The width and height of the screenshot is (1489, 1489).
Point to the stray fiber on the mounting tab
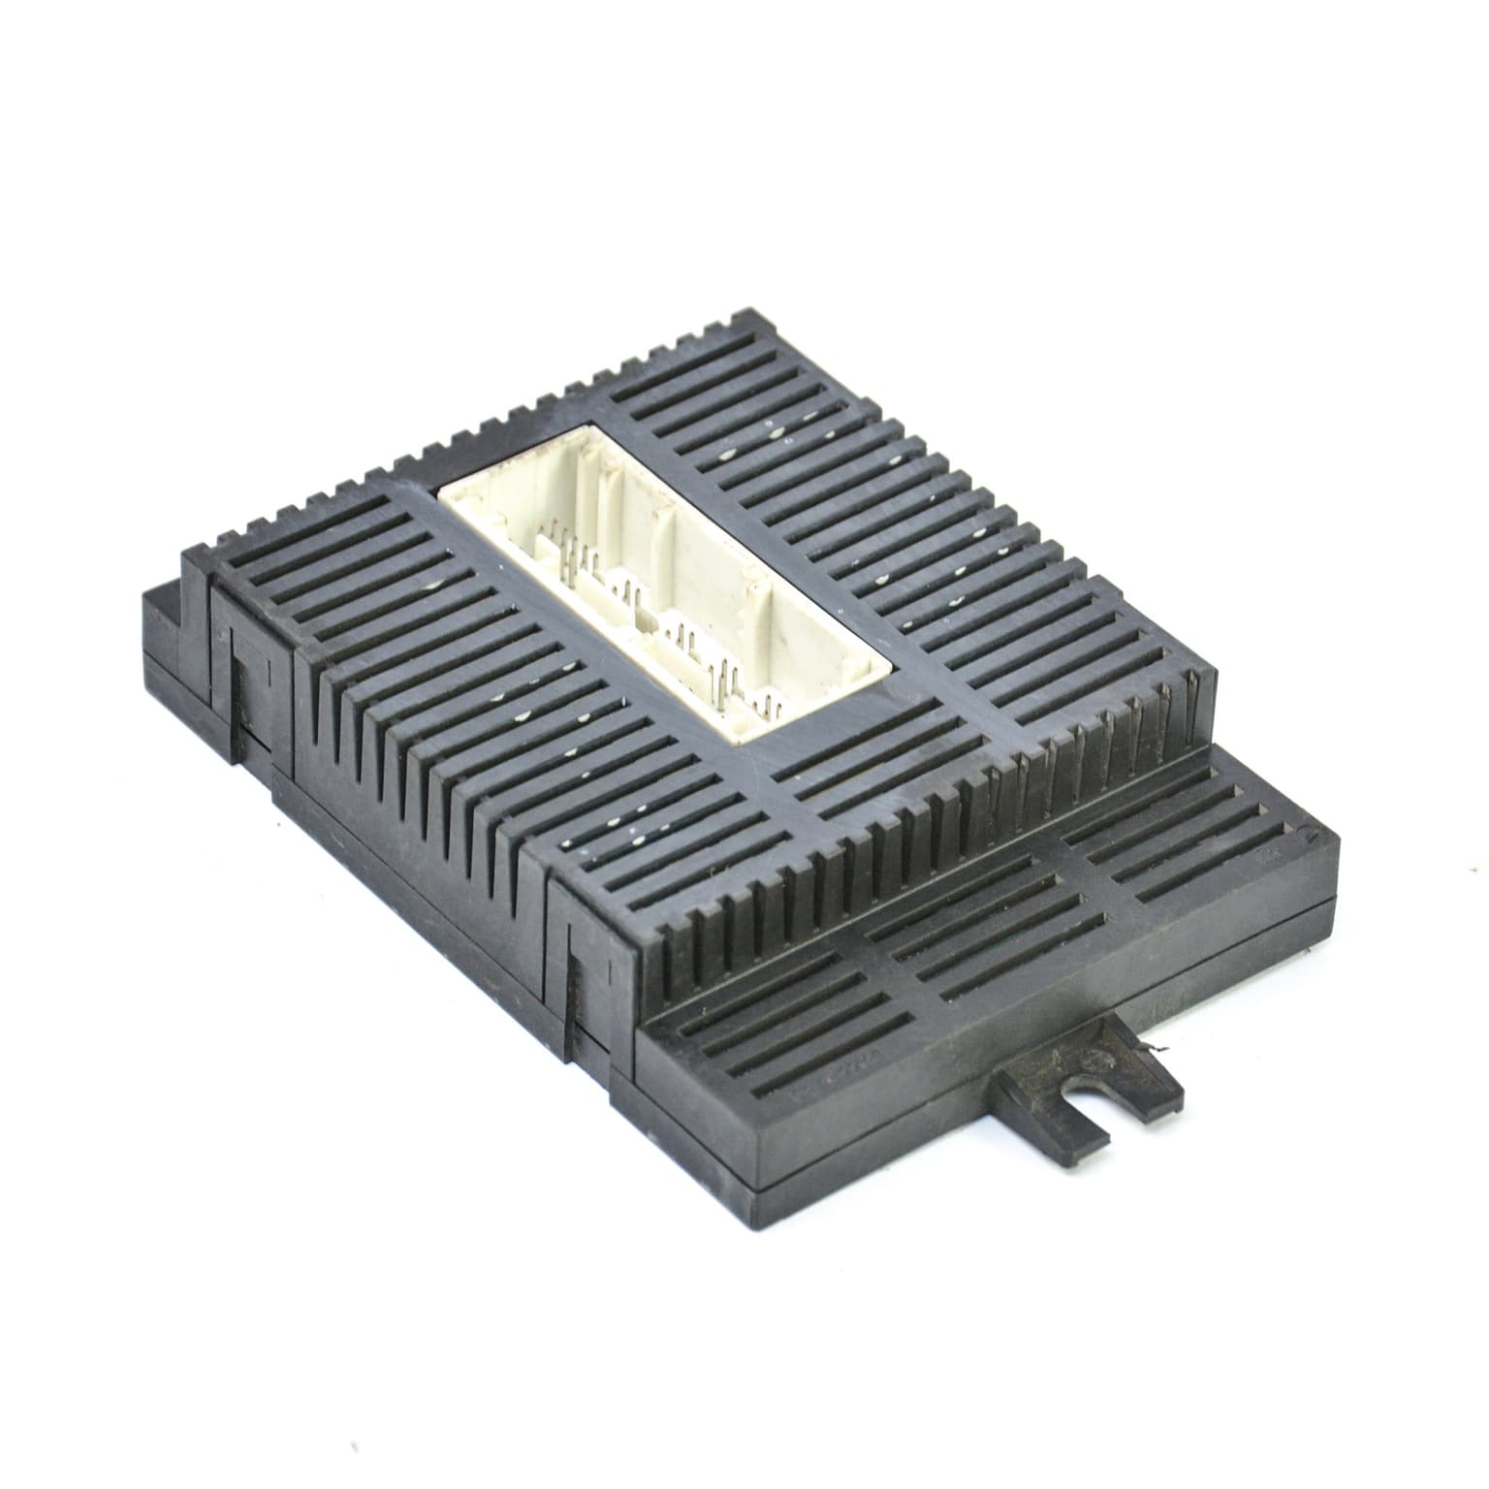[1156, 1049]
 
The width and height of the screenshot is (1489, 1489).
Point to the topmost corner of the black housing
[746, 315]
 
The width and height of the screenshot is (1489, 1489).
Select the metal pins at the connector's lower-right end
[746, 679]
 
